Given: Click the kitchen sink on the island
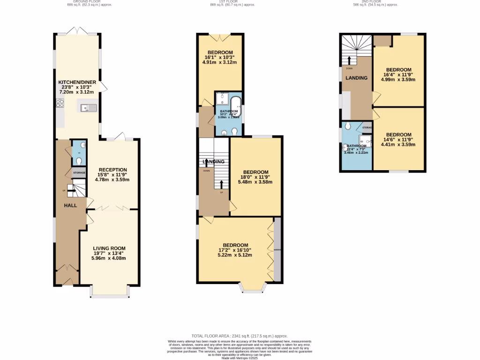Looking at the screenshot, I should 88,108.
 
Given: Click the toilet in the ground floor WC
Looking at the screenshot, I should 79,160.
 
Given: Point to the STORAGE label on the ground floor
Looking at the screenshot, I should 79,173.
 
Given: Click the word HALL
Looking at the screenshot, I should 71,205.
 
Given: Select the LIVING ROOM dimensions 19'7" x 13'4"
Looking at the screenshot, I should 109,253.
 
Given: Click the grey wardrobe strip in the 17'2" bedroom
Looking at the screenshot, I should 277,249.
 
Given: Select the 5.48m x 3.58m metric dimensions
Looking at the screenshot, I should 255,182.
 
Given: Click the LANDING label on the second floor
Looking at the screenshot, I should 356,78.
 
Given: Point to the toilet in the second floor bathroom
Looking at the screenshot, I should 347,126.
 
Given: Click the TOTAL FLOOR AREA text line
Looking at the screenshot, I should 240,336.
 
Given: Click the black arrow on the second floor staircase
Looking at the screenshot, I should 349,60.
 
